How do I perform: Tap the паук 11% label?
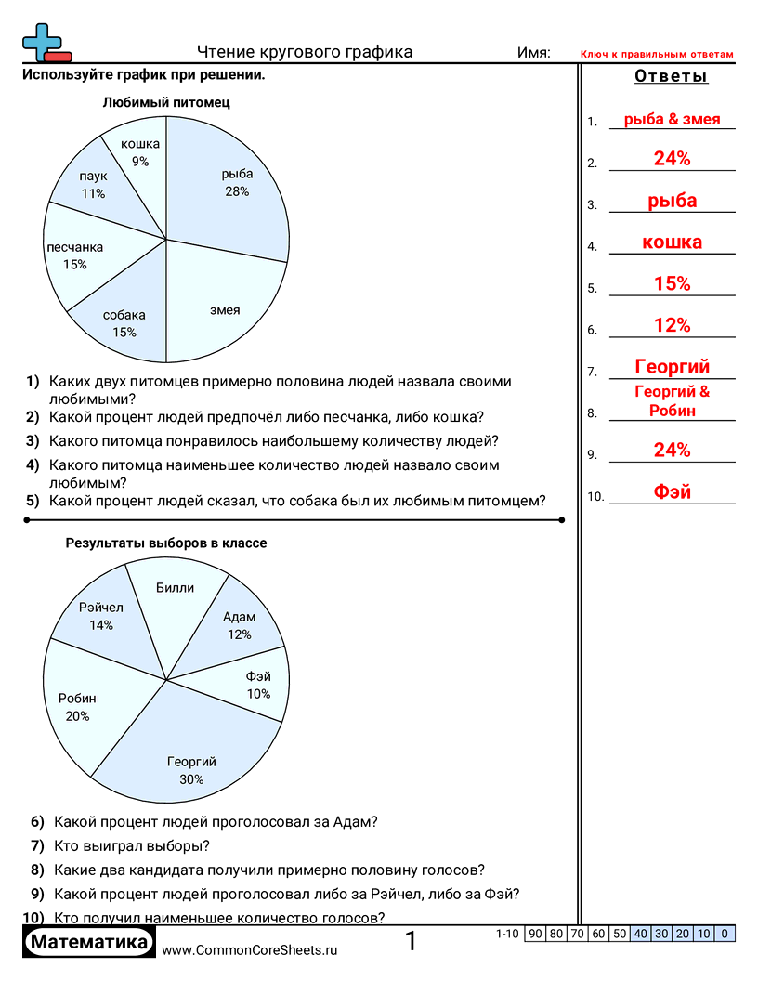[93, 185]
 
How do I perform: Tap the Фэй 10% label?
[258, 686]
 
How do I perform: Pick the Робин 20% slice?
[79, 706]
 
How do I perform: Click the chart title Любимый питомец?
[166, 103]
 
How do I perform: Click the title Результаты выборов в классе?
[166, 543]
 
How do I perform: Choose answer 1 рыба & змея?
[672, 119]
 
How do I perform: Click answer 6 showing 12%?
[672, 325]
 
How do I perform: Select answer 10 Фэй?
[672, 492]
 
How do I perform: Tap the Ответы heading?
[671, 76]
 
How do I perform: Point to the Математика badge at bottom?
[89, 942]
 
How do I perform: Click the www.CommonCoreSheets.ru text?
[249, 950]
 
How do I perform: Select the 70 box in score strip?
[577, 934]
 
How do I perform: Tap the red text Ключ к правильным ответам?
[657, 54]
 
